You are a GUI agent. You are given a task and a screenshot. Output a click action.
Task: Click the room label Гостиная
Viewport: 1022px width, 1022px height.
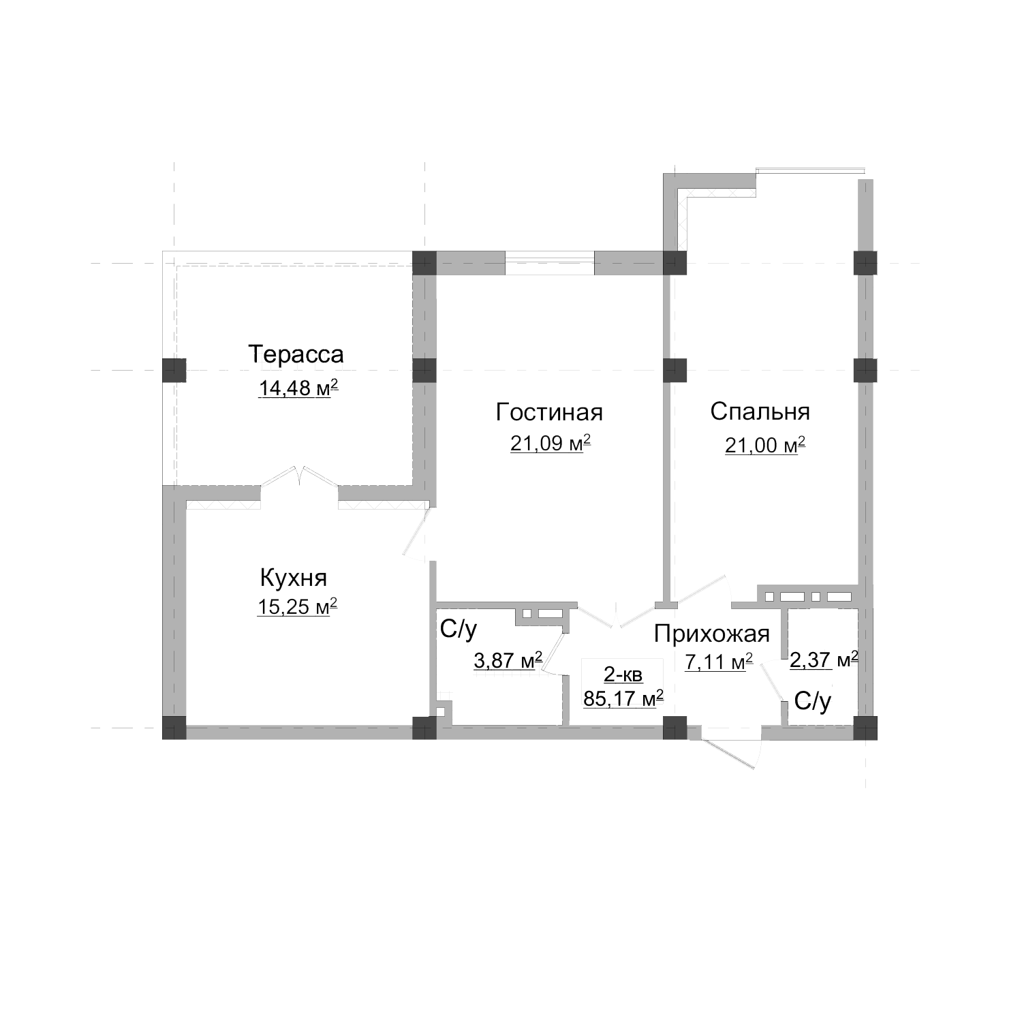[x=549, y=412]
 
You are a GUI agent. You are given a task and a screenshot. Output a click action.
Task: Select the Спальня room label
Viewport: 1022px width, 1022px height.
[x=760, y=412]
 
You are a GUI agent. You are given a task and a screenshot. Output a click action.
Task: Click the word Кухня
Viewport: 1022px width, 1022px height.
[x=294, y=578]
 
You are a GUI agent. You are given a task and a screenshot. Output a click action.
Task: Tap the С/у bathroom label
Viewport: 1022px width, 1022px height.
[x=459, y=630]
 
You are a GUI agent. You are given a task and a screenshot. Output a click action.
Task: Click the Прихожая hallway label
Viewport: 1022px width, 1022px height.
[x=711, y=634]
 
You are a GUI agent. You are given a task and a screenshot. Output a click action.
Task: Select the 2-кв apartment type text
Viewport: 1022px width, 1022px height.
[x=623, y=675]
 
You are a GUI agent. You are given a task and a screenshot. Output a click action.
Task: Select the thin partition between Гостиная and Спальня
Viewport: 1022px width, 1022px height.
[x=668, y=477]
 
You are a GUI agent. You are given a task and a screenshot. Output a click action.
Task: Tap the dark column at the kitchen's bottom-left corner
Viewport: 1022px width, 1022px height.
[x=174, y=728]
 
